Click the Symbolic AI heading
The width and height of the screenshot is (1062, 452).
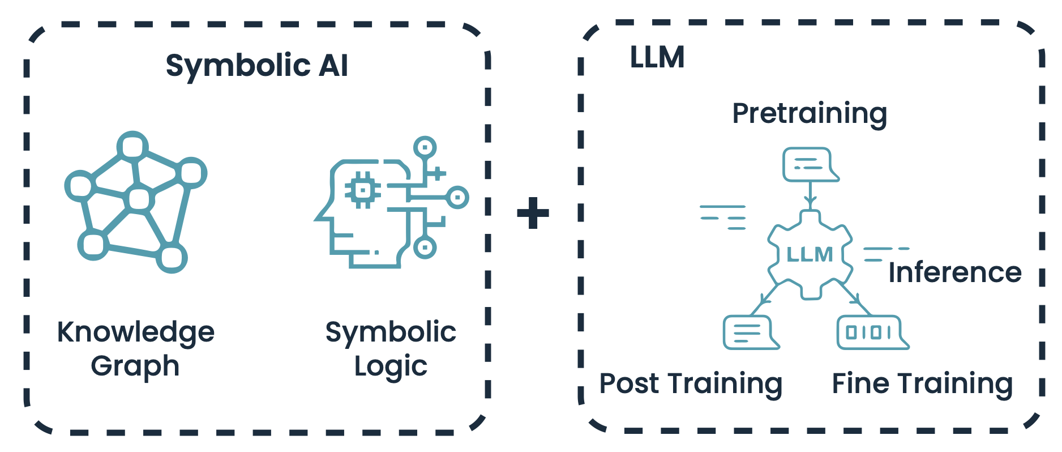click(256, 66)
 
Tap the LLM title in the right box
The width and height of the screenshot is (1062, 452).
click(657, 58)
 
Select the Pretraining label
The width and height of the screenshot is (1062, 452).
click(809, 114)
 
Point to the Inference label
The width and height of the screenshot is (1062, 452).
click(954, 272)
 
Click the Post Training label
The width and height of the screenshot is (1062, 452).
click(691, 384)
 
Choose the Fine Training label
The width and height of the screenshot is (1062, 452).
click(922, 384)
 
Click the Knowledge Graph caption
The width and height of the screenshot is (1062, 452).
click(135, 348)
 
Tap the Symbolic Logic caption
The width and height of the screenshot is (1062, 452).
click(391, 348)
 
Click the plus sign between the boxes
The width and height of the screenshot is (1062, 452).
click(533, 213)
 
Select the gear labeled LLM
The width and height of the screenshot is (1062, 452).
click(810, 254)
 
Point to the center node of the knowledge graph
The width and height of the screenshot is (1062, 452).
click(139, 199)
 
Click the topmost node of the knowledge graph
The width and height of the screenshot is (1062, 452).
click(132, 147)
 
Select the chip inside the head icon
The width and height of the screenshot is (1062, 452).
click(362, 190)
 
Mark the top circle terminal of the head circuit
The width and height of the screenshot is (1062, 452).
click(425, 148)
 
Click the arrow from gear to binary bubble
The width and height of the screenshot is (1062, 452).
click(854, 296)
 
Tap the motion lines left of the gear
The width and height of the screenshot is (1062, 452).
click(724, 218)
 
